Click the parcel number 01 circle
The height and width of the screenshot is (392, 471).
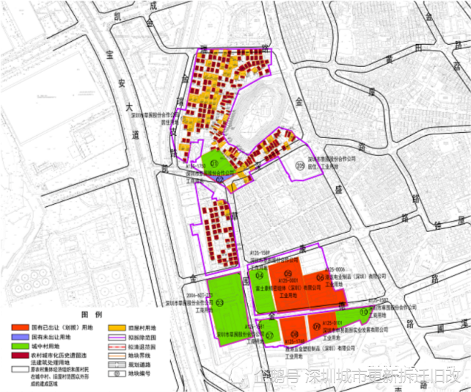click(x=214, y=162)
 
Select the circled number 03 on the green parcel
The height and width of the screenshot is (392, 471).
click(x=219, y=302)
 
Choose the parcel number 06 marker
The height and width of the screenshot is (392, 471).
click(x=320, y=278)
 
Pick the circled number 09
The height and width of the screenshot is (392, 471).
click(x=315, y=327)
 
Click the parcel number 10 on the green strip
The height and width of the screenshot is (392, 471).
click(x=364, y=313)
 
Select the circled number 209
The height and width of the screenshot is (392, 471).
click(x=299, y=167)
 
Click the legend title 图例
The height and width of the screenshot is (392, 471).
click(x=90, y=313)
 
